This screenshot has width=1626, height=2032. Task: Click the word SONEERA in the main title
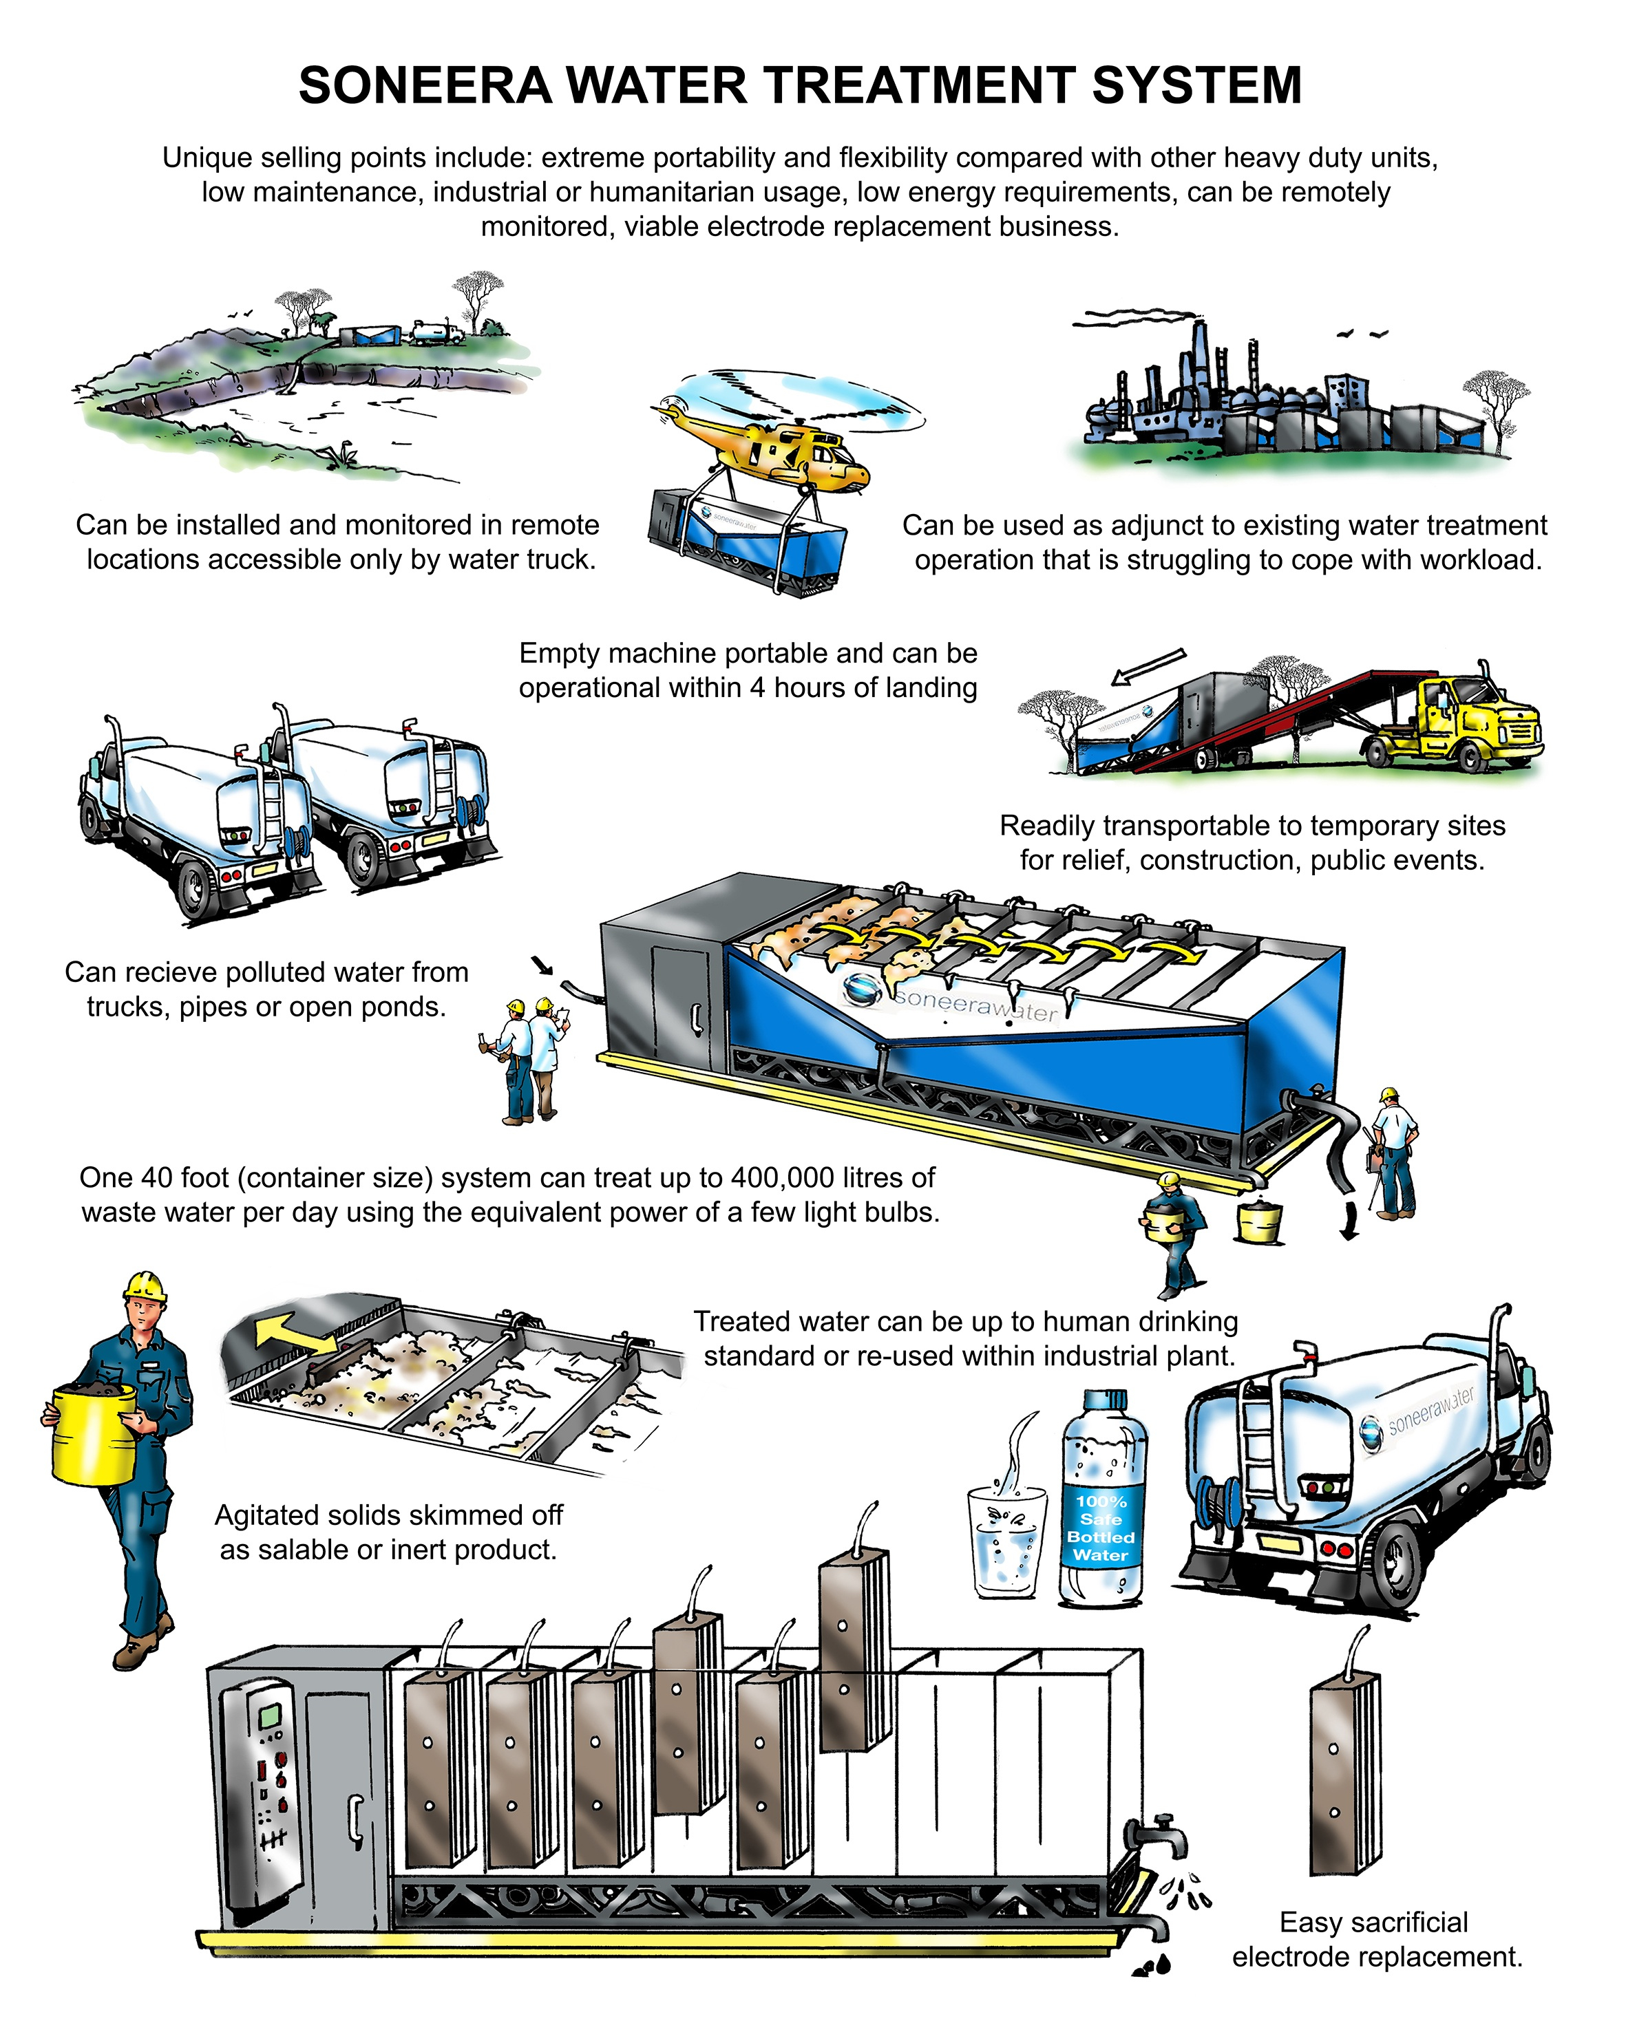pos(424,86)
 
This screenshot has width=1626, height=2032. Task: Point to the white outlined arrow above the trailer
pos(1148,666)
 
